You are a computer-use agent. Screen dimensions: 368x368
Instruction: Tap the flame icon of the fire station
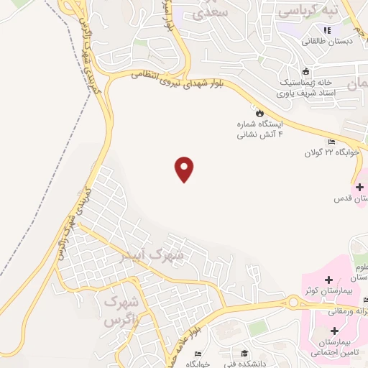tap(259, 113)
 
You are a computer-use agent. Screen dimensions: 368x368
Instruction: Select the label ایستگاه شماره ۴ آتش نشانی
tap(262, 130)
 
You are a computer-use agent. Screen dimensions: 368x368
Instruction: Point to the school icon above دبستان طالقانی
tap(327, 30)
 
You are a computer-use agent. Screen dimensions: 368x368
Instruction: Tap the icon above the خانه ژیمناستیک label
tap(306, 71)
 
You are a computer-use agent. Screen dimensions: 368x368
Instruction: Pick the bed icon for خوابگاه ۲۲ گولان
tap(331, 142)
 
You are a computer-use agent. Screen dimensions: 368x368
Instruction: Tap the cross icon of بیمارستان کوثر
tap(328, 279)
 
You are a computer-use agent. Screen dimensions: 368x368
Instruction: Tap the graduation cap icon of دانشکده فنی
tap(245, 352)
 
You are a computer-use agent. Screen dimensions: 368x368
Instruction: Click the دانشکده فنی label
tap(245, 363)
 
